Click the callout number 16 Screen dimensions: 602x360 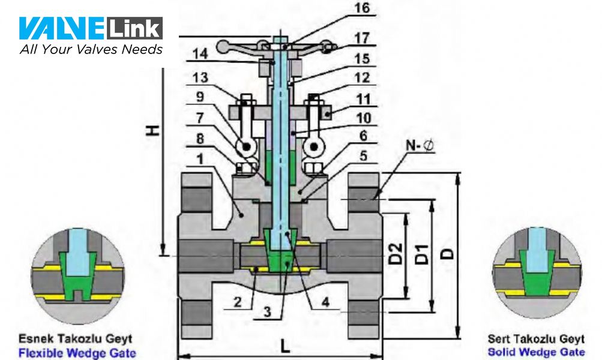coord(362,8)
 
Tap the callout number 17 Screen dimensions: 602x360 coord(362,38)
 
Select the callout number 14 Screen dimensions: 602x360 coord(200,54)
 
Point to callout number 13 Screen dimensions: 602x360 coord(200,77)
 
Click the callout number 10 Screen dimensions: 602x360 coord(363,118)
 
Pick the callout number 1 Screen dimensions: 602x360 coord(200,159)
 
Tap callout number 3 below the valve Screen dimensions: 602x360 coord(267,311)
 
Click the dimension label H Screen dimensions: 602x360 coord(152,130)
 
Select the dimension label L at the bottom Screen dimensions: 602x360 coord(284,347)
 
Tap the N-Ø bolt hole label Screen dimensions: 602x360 coord(420,145)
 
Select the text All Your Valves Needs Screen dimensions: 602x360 coord(91,50)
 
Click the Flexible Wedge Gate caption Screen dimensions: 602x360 coord(77,353)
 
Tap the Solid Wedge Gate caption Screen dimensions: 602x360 coord(537,352)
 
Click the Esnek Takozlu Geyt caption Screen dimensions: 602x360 coord(75,339)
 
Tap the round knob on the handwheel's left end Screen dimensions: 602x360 coord(222,47)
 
